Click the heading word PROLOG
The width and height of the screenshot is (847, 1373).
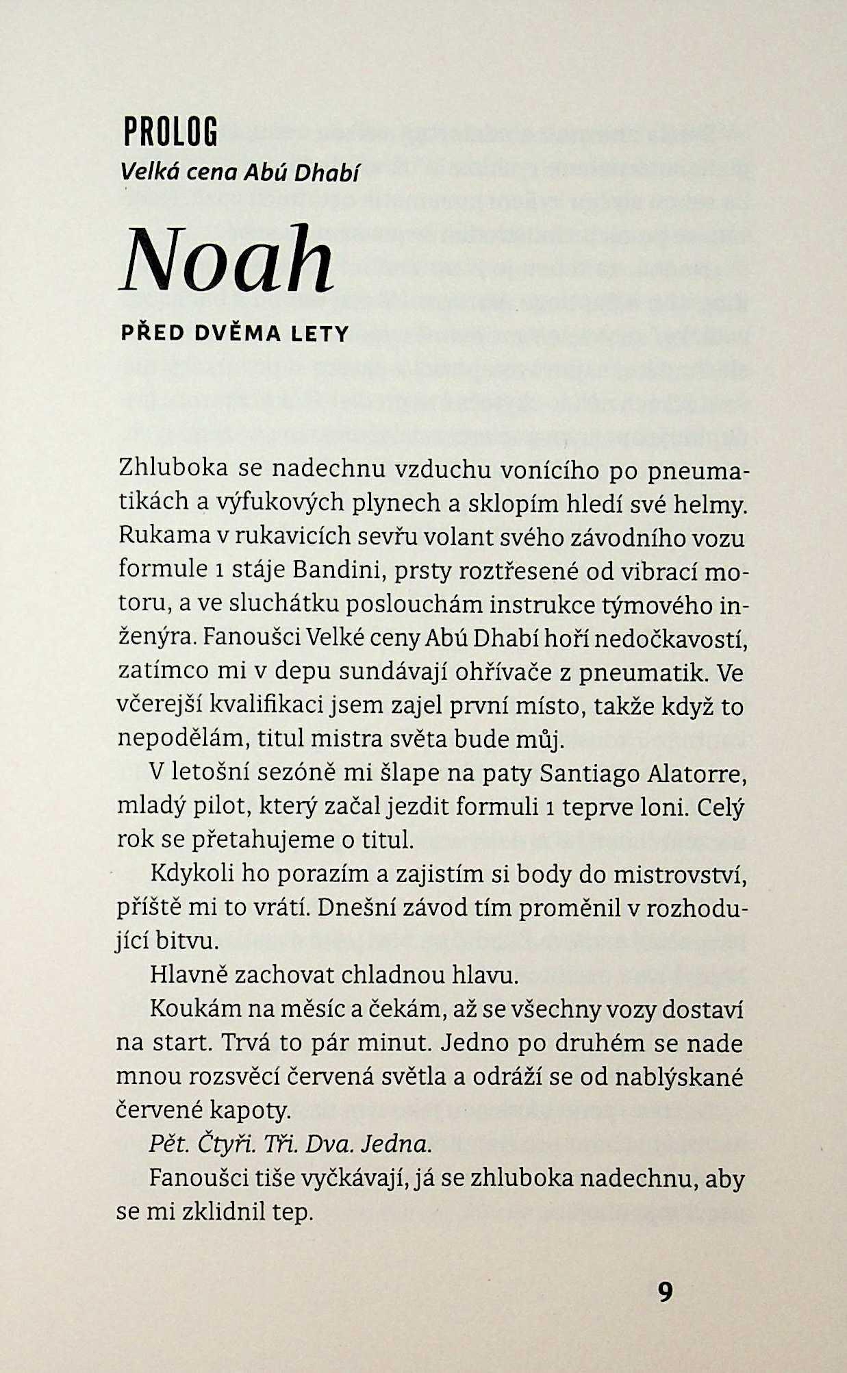pos(170,132)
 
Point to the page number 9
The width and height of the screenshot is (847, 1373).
pos(665,1292)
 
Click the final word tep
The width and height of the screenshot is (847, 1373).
pos(292,1212)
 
